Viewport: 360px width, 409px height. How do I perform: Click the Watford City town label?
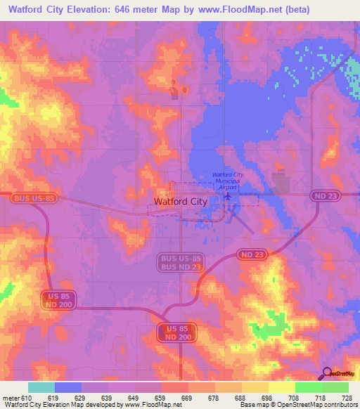click(x=180, y=202)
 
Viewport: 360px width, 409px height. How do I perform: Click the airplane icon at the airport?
click(x=227, y=197)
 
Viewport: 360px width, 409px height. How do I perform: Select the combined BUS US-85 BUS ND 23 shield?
click(x=181, y=263)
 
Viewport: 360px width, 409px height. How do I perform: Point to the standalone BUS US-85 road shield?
click(x=35, y=199)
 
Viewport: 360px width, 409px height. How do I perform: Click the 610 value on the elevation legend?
click(x=27, y=398)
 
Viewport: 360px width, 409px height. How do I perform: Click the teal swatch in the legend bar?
click(x=41, y=387)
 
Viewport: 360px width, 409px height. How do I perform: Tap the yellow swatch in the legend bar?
click(x=281, y=387)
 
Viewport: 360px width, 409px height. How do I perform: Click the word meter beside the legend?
click(x=10, y=398)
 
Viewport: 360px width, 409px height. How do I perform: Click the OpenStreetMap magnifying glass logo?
click(x=326, y=372)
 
